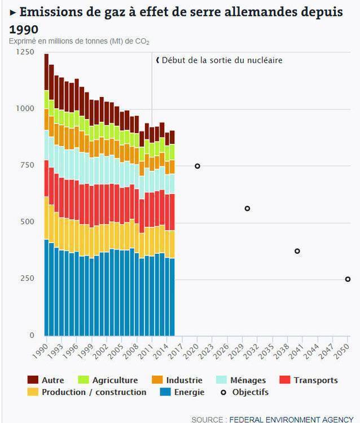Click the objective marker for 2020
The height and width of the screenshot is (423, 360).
197,166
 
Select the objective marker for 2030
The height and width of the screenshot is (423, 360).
247,209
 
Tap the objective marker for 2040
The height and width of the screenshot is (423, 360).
297,251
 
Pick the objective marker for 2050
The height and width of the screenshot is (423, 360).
348,279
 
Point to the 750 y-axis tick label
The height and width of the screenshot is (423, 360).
27,165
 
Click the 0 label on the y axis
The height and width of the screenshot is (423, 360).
32,336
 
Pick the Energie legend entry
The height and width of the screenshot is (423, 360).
183,392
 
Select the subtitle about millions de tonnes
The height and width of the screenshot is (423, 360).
79,42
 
